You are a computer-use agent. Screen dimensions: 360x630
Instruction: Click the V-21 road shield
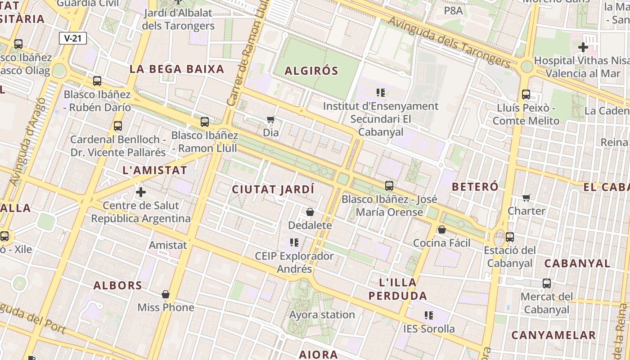pos(73,38)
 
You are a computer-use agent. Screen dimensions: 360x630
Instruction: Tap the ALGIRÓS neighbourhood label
pos(311,71)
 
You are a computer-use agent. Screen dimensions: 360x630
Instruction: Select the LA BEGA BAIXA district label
pos(177,69)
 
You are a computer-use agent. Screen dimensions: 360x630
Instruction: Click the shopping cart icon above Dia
pos(270,120)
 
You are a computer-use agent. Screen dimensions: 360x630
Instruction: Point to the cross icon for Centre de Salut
pos(141,193)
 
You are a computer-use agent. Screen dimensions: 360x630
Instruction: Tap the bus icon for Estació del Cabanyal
pos(510,237)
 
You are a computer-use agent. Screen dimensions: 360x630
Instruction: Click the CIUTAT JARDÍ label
pos(273,189)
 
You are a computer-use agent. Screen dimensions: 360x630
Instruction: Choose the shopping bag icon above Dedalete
pos(310,212)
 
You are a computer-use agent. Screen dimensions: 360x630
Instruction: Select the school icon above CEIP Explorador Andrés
pos(294,243)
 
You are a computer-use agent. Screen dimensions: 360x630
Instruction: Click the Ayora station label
pos(322,315)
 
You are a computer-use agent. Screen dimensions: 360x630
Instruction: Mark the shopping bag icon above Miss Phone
pos(166,294)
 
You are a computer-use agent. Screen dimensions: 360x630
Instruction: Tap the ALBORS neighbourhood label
pos(118,285)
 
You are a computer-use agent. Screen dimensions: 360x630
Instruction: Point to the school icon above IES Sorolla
pos(429,315)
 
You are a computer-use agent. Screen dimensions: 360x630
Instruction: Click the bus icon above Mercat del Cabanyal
pos(547,283)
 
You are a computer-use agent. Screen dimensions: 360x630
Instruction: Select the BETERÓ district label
pos(475,187)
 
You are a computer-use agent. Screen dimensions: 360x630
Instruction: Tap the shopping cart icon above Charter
pos(526,198)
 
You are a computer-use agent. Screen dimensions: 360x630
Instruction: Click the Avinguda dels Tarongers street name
pos(449,42)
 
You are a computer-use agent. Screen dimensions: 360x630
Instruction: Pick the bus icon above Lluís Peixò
pos(526,94)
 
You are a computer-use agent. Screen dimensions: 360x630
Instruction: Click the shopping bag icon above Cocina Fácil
pos(442,230)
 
